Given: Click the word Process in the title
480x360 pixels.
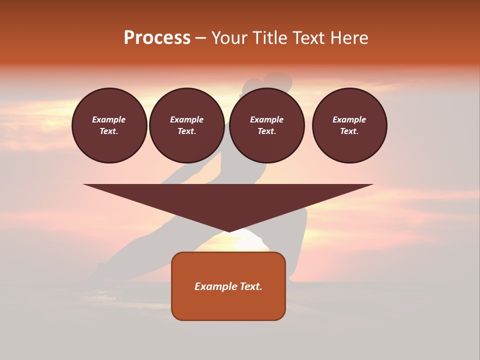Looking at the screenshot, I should [157, 38].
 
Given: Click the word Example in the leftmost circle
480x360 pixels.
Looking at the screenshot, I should [109, 120].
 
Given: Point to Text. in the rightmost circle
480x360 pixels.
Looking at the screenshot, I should [349, 131].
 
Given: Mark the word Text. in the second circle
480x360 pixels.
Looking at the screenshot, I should [187, 131].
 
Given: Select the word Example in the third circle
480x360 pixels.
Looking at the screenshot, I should [266, 120].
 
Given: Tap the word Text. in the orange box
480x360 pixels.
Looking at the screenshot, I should [251, 286].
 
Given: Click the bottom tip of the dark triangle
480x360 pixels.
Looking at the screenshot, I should [229, 230].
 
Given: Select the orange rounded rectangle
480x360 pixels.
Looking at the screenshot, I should [228, 305].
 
